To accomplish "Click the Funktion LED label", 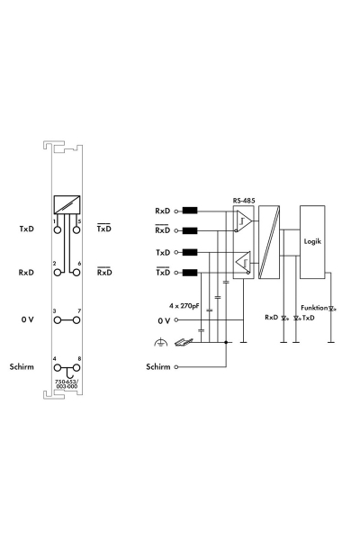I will tap(315, 307).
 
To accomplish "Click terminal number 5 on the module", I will tap(80, 220).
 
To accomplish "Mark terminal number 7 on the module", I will tap(80, 310).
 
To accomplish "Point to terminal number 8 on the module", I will tap(80, 359).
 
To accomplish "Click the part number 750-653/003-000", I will tap(67, 385).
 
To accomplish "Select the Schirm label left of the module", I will tap(22, 368).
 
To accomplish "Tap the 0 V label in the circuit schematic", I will tap(163, 319).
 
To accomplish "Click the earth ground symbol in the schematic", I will tap(160, 341).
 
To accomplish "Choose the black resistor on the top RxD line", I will tap(190, 211).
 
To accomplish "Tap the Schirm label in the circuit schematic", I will tap(157, 367).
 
